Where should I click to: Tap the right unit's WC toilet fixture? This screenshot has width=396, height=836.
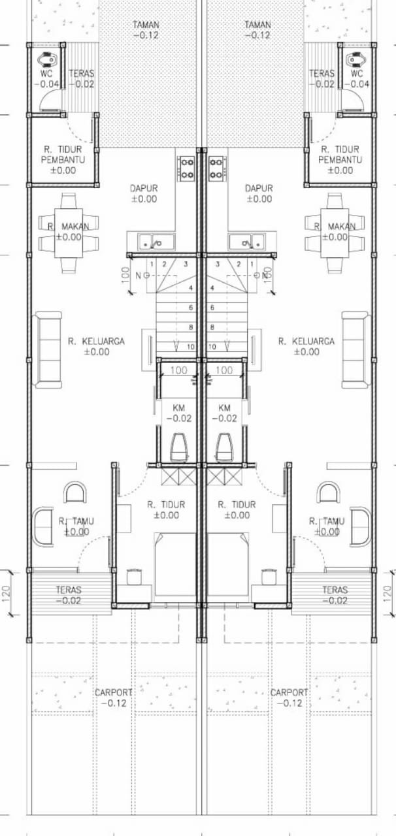(x=355, y=59)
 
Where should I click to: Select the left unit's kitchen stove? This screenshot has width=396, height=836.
(x=186, y=169)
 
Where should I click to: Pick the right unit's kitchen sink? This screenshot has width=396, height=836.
(x=247, y=242)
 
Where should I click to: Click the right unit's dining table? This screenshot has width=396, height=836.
(x=335, y=233)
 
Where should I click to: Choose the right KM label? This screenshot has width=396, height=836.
(x=225, y=408)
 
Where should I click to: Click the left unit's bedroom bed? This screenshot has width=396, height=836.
(x=175, y=565)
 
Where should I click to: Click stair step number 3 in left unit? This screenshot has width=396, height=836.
(x=186, y=265)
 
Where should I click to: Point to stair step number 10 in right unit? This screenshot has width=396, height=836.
(x=212, y=347)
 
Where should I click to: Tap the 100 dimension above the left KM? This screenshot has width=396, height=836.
(x=178, y=370)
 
